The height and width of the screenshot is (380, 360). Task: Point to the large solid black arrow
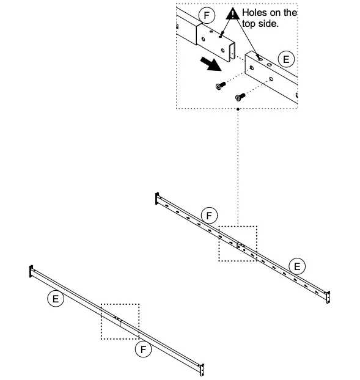(209, 64)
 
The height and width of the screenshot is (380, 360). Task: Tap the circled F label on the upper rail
(210, 216)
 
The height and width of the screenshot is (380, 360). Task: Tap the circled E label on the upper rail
(297, 266)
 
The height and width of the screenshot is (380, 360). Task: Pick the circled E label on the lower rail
(55, 299)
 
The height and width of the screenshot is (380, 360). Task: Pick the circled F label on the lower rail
(143, 349)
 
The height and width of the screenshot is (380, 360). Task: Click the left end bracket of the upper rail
(157, 200)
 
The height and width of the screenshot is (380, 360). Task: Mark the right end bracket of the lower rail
(202, 369)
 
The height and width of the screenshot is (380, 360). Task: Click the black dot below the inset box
(237, 109)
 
